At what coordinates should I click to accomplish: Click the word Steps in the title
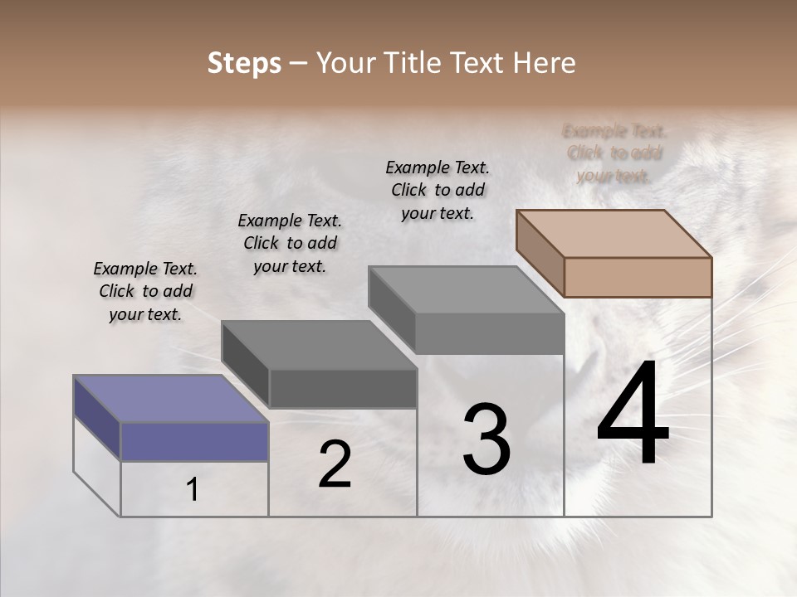[x=244, y=63]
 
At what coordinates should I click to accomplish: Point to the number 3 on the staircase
[x=486, y=439]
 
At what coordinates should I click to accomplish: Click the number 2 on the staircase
[x=335, y=464]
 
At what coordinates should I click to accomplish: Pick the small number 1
[x=193, y=490]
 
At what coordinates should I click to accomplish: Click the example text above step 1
[x=145, y=291]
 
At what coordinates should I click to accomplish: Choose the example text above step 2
[x=290, y=243]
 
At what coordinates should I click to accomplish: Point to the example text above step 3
[x=438, y=190]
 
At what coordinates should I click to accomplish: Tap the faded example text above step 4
[x=614, y=153]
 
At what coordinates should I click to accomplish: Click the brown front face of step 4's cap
[x=638, y=277]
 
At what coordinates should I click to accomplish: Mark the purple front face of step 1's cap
[x=194, y=441]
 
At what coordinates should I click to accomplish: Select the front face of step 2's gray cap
[x=343, y=388]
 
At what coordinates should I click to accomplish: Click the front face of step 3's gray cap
[x=489, y=333]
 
